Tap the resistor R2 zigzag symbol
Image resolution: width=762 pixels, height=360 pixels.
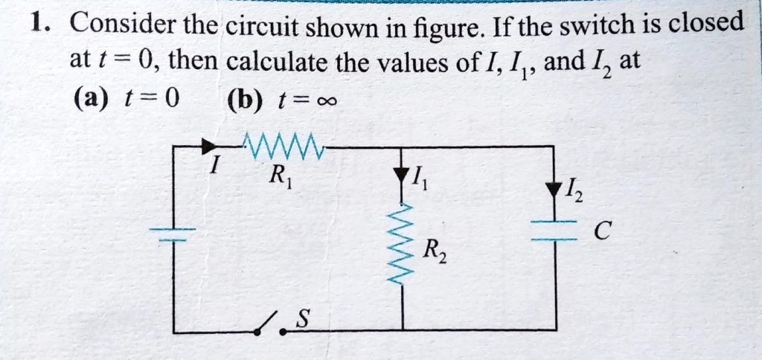(x=403, y=245)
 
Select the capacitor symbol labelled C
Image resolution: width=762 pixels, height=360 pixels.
(x=554, y=231)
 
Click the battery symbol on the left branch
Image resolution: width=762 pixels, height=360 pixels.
(x=173, y=232)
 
